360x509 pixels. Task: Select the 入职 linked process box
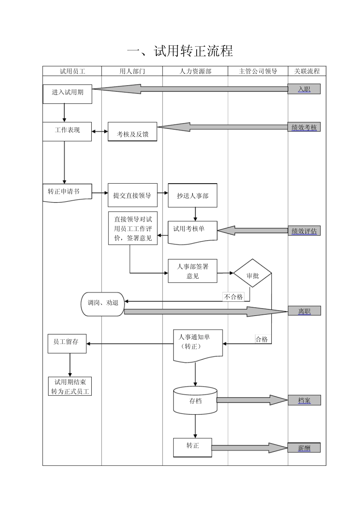304,89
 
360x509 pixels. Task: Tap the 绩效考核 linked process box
304,127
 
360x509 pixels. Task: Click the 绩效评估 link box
304,231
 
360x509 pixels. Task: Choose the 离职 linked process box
304,311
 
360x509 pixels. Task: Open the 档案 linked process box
304,400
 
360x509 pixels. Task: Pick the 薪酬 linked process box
304,448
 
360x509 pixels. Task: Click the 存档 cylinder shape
195,401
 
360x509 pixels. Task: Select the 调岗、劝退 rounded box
103,304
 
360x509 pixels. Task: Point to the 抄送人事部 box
193,196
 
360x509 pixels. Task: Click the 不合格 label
233,297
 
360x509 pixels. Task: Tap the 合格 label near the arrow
261,339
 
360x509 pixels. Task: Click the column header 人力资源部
195,71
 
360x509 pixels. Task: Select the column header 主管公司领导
258,71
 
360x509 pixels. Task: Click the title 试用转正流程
180,51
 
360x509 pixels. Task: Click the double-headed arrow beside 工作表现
100,131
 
